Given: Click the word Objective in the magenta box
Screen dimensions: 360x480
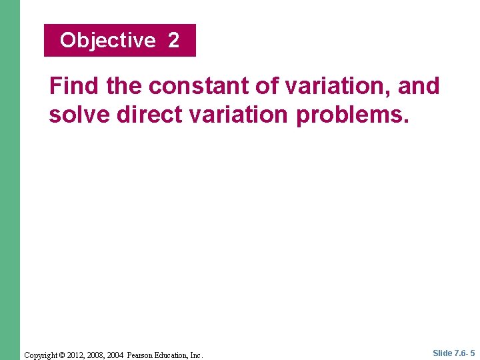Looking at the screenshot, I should [x=107, y=41].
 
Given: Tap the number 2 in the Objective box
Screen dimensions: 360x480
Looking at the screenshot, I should [x=173, y=41].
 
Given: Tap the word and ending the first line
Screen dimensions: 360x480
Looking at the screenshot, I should [x=419, y=87].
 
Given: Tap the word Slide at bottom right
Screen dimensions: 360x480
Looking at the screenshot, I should [x=442, y=353].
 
